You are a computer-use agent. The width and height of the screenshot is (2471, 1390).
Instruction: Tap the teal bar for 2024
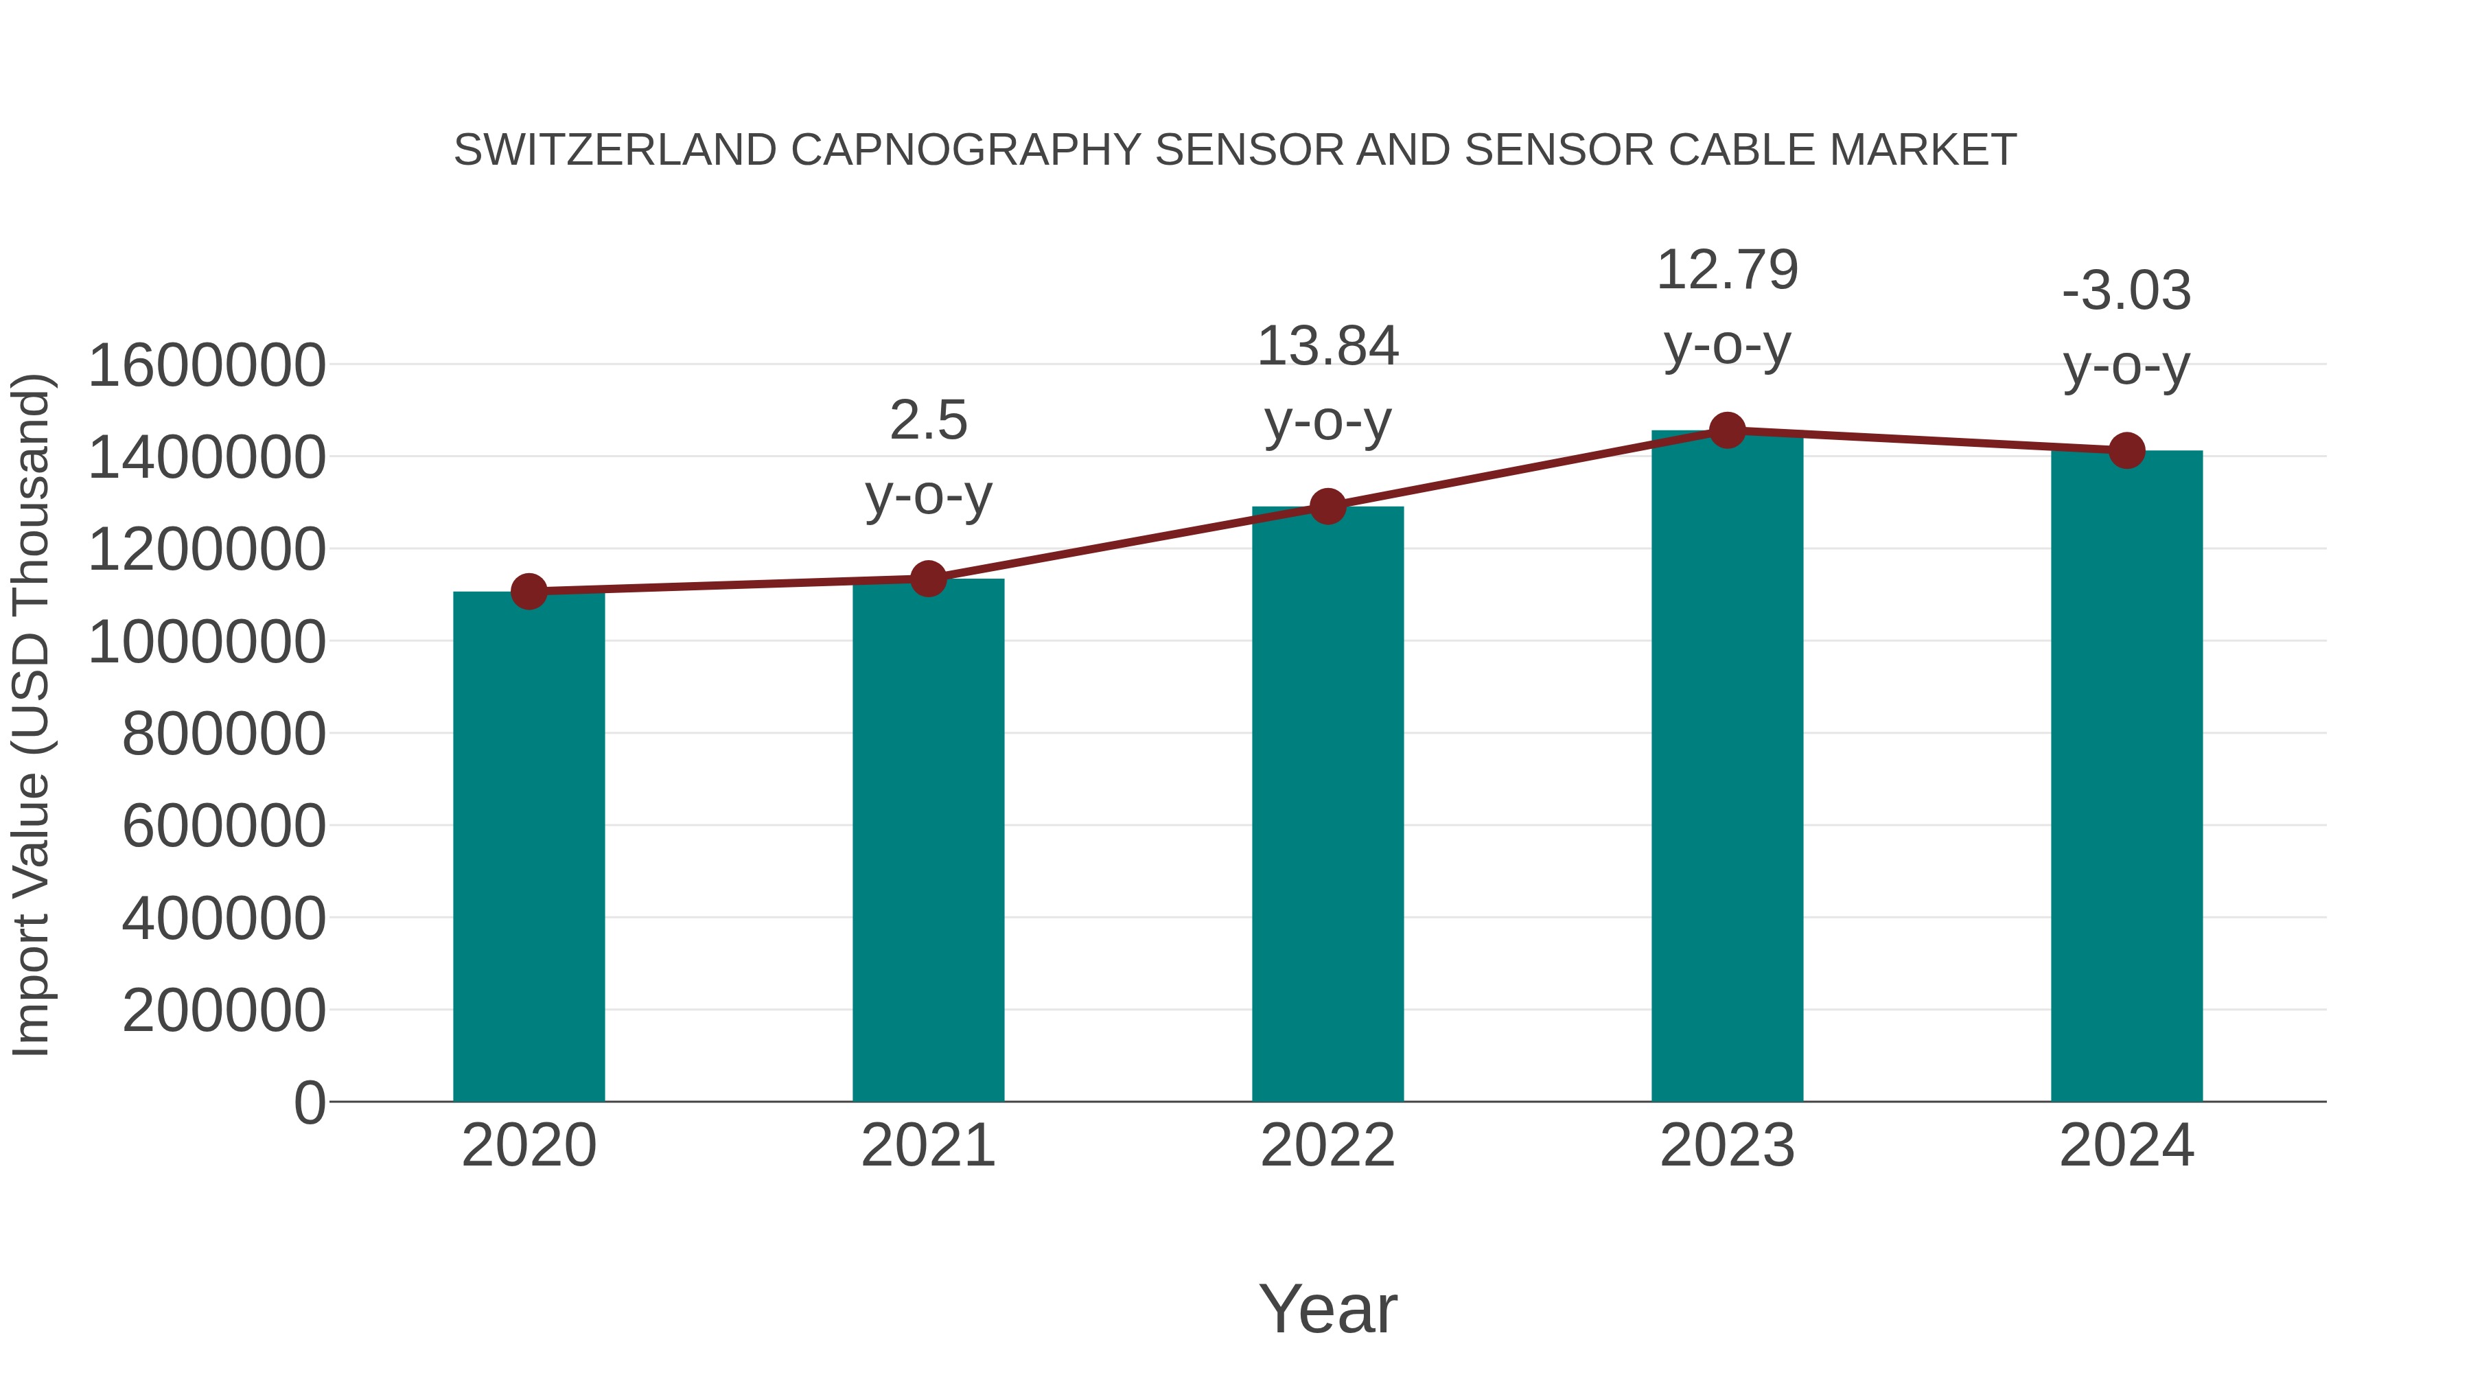pos(2126,776)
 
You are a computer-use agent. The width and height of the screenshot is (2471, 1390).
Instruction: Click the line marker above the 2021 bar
pos(927,579)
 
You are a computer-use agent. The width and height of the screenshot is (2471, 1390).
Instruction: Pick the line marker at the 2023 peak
pos(1727,430)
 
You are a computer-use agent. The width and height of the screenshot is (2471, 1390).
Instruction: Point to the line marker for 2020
pos(529,591)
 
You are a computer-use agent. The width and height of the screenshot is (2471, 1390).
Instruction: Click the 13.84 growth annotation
pos(1327,347)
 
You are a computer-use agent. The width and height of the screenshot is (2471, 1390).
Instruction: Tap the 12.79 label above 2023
pos(1727,270)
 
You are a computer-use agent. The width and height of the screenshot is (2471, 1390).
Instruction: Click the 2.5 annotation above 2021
pos(927,421)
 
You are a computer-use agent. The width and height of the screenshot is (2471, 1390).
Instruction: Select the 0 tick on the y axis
pos(310,1102)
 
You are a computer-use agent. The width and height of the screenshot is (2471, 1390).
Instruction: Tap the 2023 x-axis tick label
pos(1727,1146)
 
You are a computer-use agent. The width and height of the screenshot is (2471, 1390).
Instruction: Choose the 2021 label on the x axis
pos(927,1146)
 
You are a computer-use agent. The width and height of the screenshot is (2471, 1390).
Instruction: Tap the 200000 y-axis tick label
pos(224,1011)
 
